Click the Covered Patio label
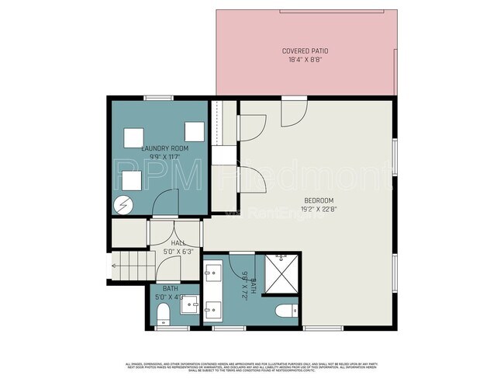tap(304, 51)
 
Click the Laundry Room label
tap(161, 148)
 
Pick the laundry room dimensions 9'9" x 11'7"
tap(161, 156)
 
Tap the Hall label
tap(176, 244)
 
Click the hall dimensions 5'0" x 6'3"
tap(176, 251)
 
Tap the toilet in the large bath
tap(285, 312)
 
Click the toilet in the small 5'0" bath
tap(162, 314)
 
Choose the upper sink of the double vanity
tap(214, 272)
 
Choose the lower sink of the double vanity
tap(214, 310)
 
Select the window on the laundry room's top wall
tap(158, 98)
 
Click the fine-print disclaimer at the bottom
tap(252, 366)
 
